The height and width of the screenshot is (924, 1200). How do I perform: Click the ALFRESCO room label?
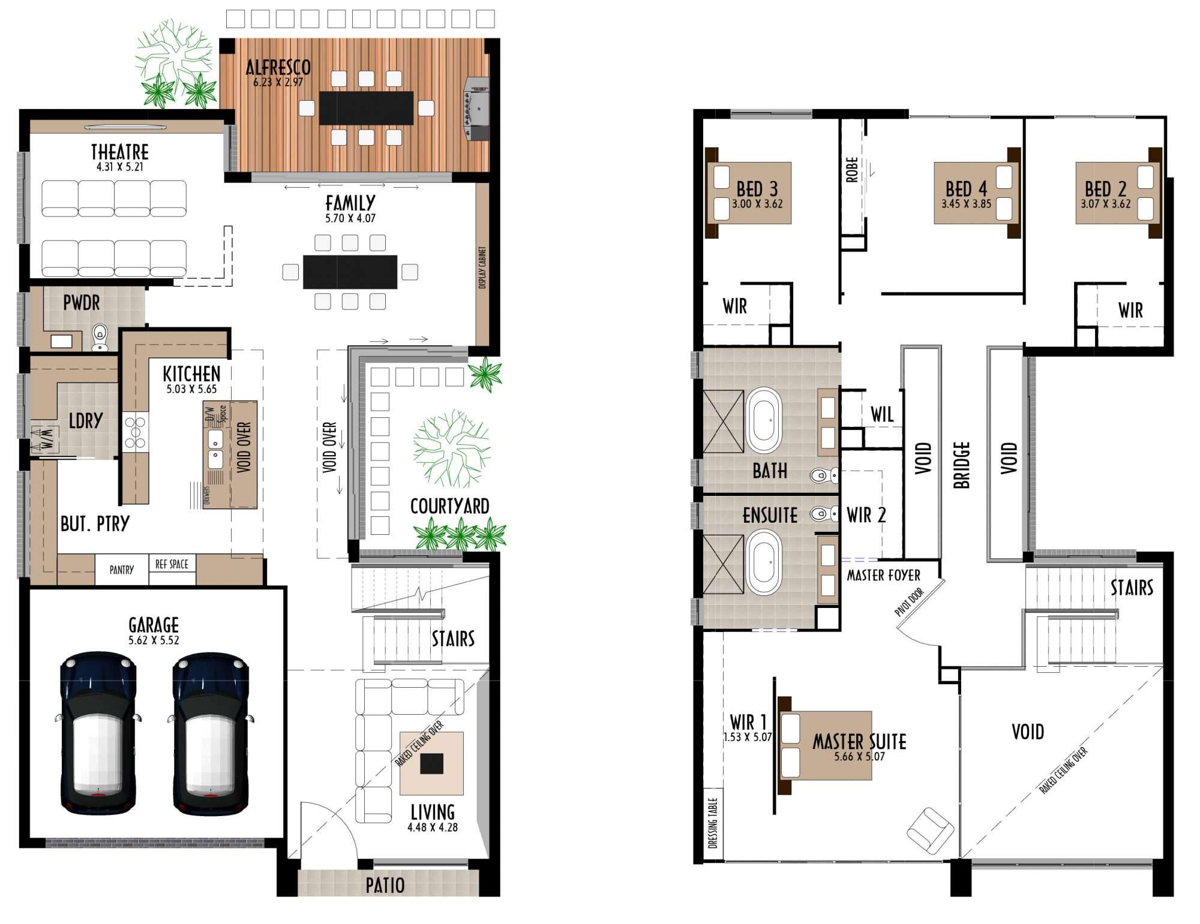pyautogui.click(x=278, y=67)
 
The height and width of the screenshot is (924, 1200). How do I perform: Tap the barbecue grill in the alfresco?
pyautogui.click(x=476, y=109)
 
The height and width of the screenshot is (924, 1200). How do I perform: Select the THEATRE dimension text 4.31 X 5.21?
pyautogui.click(x=120, y=167)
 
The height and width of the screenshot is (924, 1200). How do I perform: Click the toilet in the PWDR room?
pyautogui.click(x=100, y=338)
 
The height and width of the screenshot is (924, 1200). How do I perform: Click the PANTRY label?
pyautogui.click(x=122, y=570)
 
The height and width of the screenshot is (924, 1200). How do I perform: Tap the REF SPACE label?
pyautogui.click(x=172, y=564)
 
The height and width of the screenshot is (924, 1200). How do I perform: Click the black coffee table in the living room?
pyautogui.click(x=431, y=763)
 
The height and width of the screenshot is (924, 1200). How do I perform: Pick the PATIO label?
pyautogui.click(x=385, y=886)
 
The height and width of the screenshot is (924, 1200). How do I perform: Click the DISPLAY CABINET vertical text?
pyautogui.click(x=482, y=267)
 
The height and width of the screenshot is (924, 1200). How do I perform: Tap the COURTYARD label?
pyautogui.click(x=449, y=507)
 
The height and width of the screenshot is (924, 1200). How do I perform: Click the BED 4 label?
pyautogui.click(x=966, y=189)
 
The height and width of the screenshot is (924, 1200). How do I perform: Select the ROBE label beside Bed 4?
pyautogui.click(x=851, y=170)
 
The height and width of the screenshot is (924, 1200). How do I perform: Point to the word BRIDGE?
pyautogui.click(x=961, y=465)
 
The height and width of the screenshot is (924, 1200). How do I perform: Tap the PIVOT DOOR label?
pyautogui.click(x=910, y=602)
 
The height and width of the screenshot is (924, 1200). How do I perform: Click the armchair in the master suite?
pyautogui.click(x=930, y=830)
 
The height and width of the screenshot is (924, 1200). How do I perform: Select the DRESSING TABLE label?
pyautogui.click(x=713, y=823)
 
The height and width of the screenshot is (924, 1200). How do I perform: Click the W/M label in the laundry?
pyautogui.click(x=46, y=439)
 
